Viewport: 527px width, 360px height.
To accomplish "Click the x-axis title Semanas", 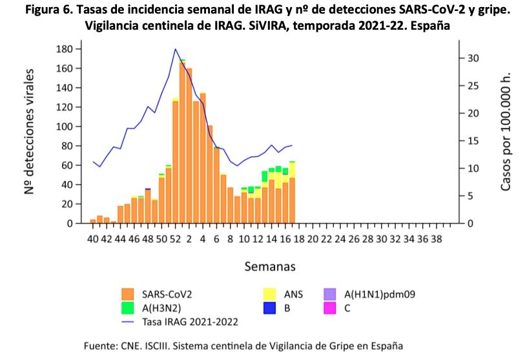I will tap(270, 266).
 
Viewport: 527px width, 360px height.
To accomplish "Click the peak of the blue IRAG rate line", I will tap(175, 49).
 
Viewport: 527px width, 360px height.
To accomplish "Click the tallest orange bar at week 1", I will tap(182, 142).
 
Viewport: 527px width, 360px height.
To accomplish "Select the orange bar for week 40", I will tap(93, 222).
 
